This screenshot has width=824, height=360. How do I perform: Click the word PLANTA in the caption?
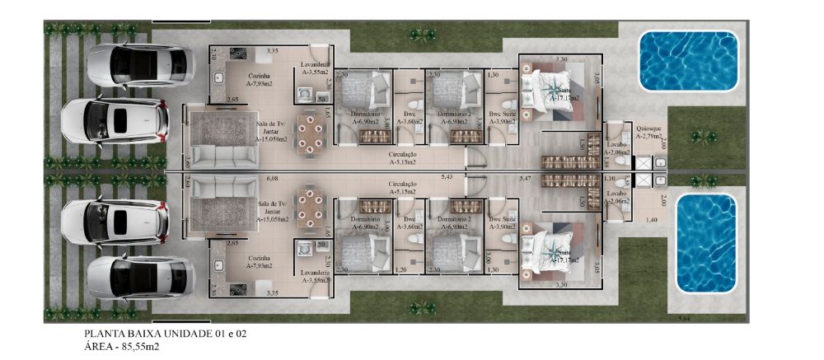101,334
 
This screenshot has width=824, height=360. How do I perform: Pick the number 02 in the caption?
240,334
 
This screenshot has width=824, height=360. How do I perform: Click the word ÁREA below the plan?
99,347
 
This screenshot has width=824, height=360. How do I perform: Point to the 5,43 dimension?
447,177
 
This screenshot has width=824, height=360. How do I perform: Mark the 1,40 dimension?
651,220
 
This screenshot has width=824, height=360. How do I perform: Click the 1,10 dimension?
610,178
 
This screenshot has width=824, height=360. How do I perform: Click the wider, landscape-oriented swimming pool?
690,58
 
